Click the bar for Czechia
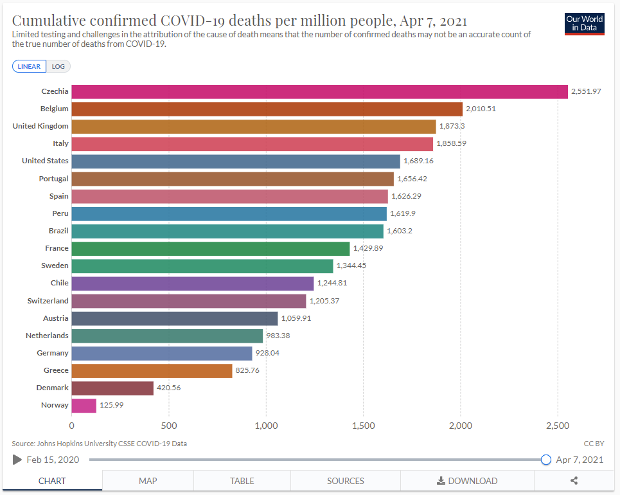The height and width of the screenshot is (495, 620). (x=319, y=91)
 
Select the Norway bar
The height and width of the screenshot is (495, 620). (x=84, y=405)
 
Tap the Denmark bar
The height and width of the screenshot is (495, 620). (x=112, y=388)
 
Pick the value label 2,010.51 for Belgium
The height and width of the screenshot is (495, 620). (x=481, y=109)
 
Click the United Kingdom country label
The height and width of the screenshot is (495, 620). (x=40, y=126)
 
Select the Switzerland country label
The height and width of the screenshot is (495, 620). (x=48, y=301)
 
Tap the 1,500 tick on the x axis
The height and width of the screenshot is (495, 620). (x=363, y=426)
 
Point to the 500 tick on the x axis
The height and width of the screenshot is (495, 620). (x=169, y=426)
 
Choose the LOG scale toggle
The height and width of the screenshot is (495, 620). (x=58, y=66)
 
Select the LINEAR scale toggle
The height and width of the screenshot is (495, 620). (x=30, y=66)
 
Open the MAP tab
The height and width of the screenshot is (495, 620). (x=148, y=481)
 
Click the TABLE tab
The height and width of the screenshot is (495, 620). (x=242, y=481)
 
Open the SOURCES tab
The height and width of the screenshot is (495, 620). (x=346, y=481)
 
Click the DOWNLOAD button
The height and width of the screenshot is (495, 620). (x=467, y=481)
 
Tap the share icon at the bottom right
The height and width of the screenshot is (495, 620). (x=574, y=481)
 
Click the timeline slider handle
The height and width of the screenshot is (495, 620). (x=546, y=460)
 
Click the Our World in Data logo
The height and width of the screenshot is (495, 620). (x=585, y=24)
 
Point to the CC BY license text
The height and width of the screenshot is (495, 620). (x=594, y=444)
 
